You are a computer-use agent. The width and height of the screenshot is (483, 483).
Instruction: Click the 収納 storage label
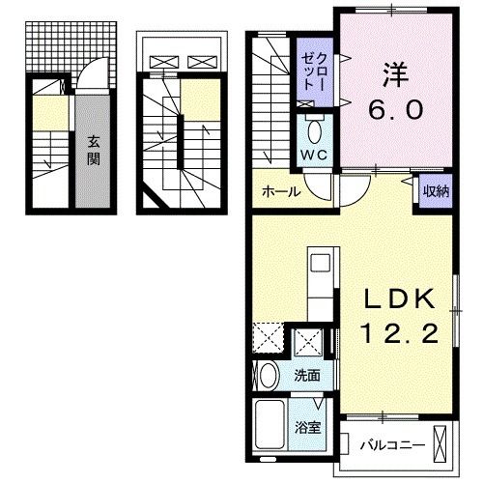tap(432, 190)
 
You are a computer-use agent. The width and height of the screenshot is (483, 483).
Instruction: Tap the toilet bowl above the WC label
tap(315, 130)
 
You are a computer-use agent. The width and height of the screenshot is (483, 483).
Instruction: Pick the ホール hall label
tap(280, 191)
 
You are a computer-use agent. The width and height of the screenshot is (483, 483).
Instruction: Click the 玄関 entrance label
tap(94, 150)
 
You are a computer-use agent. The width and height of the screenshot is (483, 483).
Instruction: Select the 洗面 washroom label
tap(307, 376)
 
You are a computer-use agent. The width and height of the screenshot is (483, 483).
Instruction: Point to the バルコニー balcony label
tap(385, 446)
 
